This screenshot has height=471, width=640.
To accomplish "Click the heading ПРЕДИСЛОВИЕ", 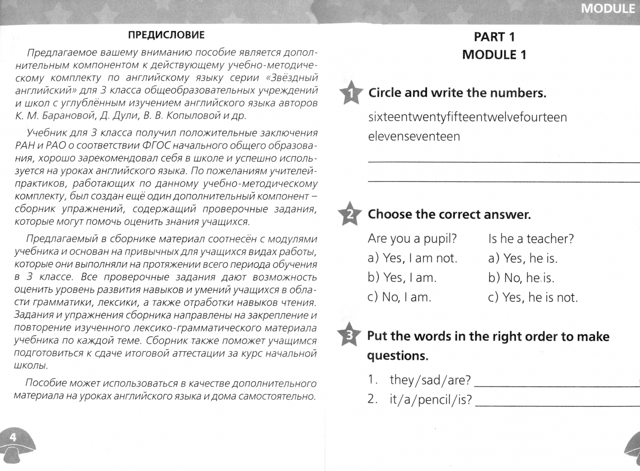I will click(x=166, y=35).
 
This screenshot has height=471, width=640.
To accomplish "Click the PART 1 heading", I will click(x=494, y=37).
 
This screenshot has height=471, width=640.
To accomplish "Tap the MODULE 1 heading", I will click(x=494, y=55).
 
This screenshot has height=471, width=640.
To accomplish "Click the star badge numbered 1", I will click(x=350, y=93).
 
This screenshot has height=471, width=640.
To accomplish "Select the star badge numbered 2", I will click(x=349, y=214).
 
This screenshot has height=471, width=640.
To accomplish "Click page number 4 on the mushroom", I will click(x=13, y=437).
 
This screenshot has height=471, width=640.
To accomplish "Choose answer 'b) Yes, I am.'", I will click(x=402, y=278).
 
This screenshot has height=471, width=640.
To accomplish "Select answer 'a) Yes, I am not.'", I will click(x=412, y=258).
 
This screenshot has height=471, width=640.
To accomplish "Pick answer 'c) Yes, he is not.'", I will click(x=533, y=297).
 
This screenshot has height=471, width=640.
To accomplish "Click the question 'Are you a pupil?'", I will click(x=412, y=239).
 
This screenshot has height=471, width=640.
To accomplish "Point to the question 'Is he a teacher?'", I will click(x=531, y=239).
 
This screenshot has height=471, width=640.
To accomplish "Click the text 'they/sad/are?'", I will click(x=430, y=380).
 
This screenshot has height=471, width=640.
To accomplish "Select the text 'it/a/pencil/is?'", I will click(x=430, y=399).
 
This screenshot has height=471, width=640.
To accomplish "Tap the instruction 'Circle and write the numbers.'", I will click(x=457, y=93).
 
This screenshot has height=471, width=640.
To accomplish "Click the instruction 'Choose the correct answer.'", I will click(x=449, y=215).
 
